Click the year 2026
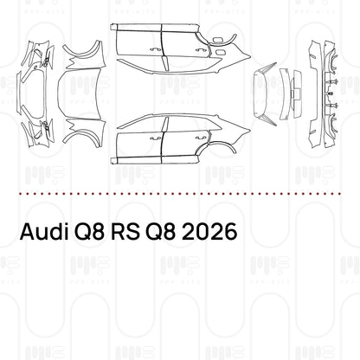click(206, 234)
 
